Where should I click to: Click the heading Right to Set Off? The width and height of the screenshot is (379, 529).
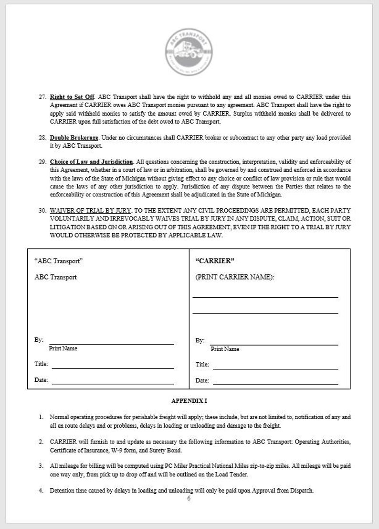[x=72, y=97]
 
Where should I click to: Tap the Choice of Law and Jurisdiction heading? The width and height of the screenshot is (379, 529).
[x=92, y=162]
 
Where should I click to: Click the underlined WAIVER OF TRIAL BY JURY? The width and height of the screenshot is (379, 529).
[x=91, y=211]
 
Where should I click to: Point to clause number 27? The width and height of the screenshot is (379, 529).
[x=42, y=97]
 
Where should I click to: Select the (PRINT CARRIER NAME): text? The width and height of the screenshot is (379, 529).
[x=235, y=277]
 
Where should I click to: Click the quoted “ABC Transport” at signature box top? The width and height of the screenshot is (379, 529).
[x=59, y=261]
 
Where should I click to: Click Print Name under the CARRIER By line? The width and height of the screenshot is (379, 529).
[x=225, y=349]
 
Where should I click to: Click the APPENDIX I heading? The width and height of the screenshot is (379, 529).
[x=189, y=401]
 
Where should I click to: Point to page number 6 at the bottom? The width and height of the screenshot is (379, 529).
[x=189, y=498]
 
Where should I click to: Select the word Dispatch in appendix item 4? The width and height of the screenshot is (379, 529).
[x=301, y=491]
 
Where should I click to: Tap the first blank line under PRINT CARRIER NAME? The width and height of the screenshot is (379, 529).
[x=265, y=297]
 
